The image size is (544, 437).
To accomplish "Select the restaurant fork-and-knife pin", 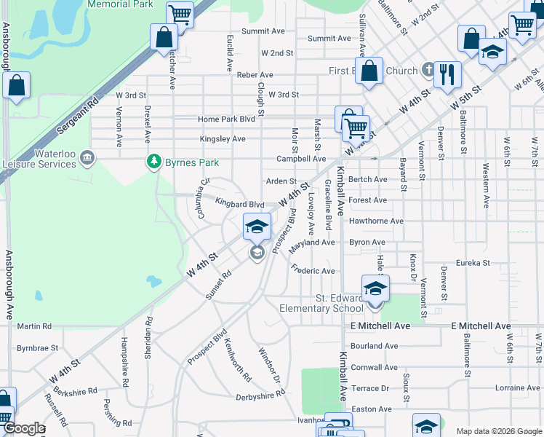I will (447, 74).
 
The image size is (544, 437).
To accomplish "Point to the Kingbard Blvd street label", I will (239, 205).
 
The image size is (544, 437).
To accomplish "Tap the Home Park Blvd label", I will (226, 119).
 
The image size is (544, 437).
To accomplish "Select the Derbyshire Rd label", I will (260, 396).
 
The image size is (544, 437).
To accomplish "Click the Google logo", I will (23, 428).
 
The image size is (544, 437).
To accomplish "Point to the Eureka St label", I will (473, 262).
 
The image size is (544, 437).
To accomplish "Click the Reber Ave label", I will (255, 75).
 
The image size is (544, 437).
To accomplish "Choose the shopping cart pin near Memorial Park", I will (179, 14).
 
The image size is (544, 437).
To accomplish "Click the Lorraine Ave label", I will (517, 387).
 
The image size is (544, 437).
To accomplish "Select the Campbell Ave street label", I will (301, 159).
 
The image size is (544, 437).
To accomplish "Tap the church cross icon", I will (429, 71).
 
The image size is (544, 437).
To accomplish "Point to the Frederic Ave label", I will (313, 271).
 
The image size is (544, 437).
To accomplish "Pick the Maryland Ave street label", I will (311, 243).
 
